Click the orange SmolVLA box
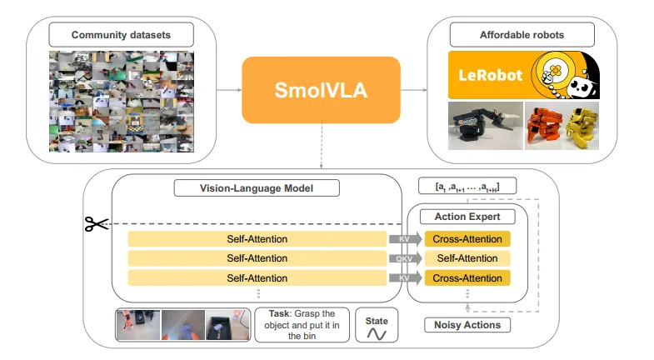(x=321, y=90)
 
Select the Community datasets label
(x=121, y=35)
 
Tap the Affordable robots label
(x=522, y=35)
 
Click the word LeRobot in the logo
(x=491, y=75)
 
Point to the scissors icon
(x=96, y=223)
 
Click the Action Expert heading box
(x=467, y=217)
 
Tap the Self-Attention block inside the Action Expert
(x=467, y=258)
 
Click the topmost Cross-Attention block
(x=467, y=239)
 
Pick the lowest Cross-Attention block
(x=467, y=277)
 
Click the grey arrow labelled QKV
(x=405, y=258)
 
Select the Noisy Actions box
(x=467, y=325)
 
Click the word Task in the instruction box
(x=279, y=314)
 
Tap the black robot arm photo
(x=485, y=126)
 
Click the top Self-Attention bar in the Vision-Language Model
(x=257, y=239)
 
